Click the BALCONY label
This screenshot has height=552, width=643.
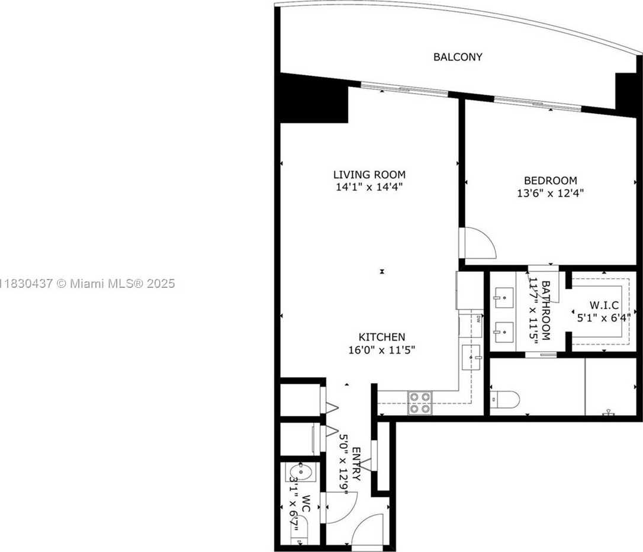click(x=458, y=57)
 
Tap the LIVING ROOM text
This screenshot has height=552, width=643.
click(x=369, y=175)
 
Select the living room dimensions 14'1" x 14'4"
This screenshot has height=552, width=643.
click(x=369, y=187)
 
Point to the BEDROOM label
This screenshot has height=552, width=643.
click(x=550, y=181)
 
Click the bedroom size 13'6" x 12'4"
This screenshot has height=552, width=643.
click(x=550, y=193)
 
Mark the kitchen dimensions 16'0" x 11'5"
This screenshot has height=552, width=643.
click(x=381, y=349)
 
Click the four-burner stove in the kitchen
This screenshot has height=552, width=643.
click(x=420, y=403)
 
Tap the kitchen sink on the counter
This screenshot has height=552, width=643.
click(x=472, y=358)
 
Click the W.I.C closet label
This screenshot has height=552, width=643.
click(x=604, y=305)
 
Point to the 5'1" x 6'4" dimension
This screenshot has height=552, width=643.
click(x=604, y=317)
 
